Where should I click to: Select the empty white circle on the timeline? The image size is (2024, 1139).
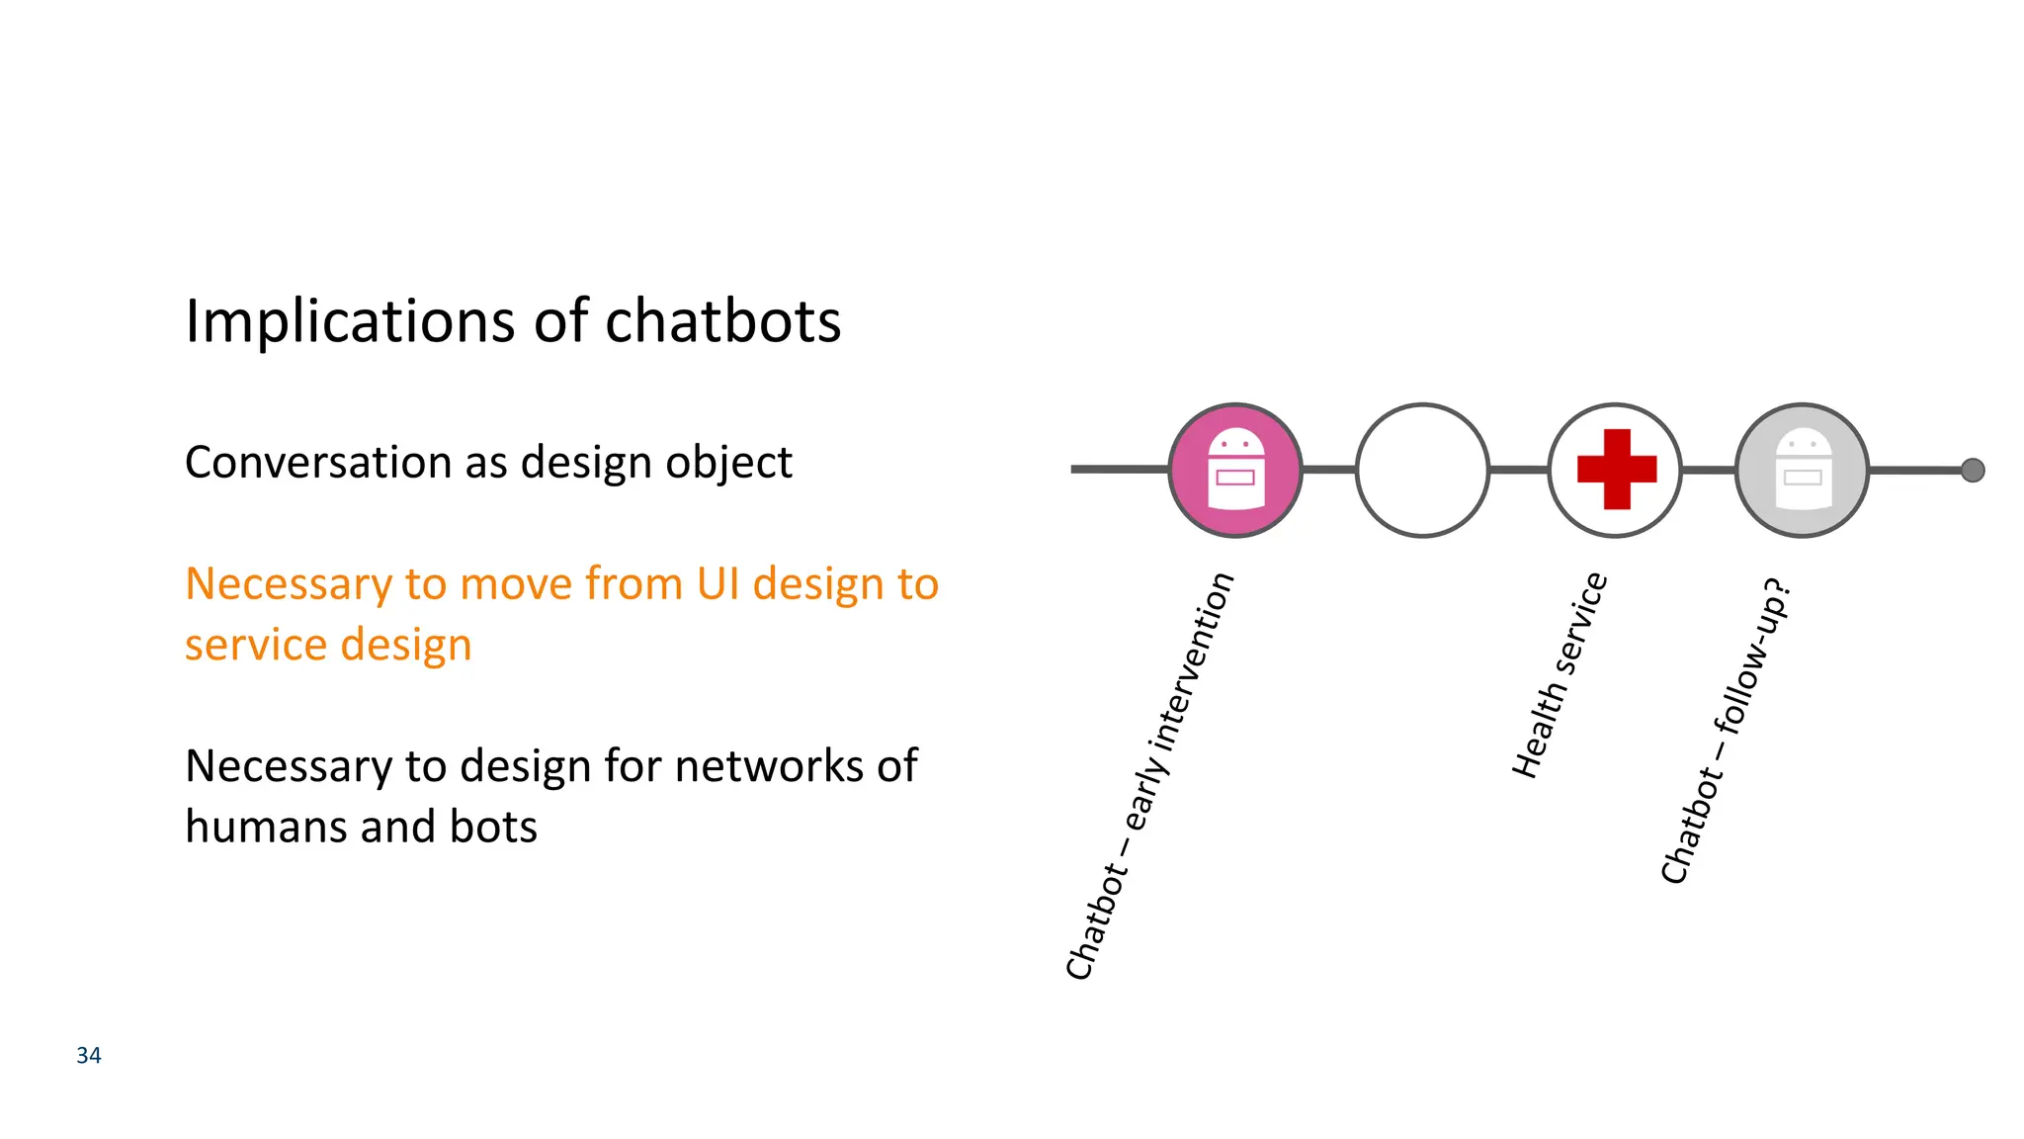[x=1422, y=471]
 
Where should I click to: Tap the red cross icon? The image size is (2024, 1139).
[x=1616, y=470]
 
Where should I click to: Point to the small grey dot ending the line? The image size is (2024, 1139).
[x=1973, y=471]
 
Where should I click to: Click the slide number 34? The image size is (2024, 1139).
[x=89, y=1056]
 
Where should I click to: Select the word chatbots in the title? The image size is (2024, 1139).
[x=722, y=321]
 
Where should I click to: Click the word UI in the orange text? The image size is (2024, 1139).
[x=717, y=583]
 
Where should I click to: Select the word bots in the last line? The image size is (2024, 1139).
[x=493, y=827]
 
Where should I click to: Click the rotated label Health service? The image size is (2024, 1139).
[x=1560, y=675]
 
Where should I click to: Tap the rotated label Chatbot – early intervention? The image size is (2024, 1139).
[x=1149, y=776]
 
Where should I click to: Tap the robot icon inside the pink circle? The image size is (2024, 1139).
[x=1235, y=469]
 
